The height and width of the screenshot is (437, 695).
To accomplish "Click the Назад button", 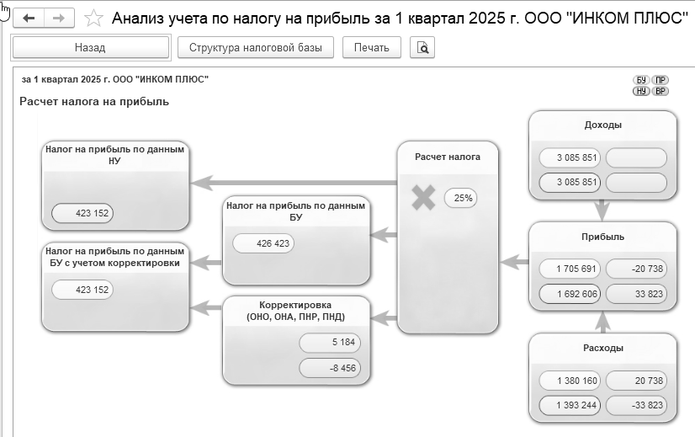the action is pos(90,47).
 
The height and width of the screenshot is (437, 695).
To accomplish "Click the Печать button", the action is pos(371,47).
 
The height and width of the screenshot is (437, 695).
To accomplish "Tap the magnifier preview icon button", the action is pos(422,47).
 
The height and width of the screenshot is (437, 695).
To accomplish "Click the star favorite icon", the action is pos(93,19).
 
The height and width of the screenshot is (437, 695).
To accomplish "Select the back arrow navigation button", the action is pos(29,19).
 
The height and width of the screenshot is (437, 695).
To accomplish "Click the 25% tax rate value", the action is pos(461,198).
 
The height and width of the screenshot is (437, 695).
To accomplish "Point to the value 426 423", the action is pos(263,243).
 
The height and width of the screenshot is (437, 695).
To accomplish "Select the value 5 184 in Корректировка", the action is pos(330,343).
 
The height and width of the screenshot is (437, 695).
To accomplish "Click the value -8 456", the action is pos(330,368).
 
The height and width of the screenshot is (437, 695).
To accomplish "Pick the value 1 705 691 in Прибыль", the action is pos(570,269).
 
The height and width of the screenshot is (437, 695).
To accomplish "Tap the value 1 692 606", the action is pos(570,294).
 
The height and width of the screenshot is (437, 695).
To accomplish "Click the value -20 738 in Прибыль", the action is pos(636,269).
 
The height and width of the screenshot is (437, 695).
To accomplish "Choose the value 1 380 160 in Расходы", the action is pos(570,381).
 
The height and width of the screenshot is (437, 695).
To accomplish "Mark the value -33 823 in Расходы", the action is pos(636,405).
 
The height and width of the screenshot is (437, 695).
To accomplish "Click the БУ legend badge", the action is pos(641,80).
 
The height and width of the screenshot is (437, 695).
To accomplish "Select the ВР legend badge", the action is pos(661,91).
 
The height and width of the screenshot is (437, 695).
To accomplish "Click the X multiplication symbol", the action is pos(423,198).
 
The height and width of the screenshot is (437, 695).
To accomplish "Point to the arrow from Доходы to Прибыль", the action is pos(602,211).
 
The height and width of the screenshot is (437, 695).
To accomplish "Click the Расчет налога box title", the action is pos(448,157).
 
